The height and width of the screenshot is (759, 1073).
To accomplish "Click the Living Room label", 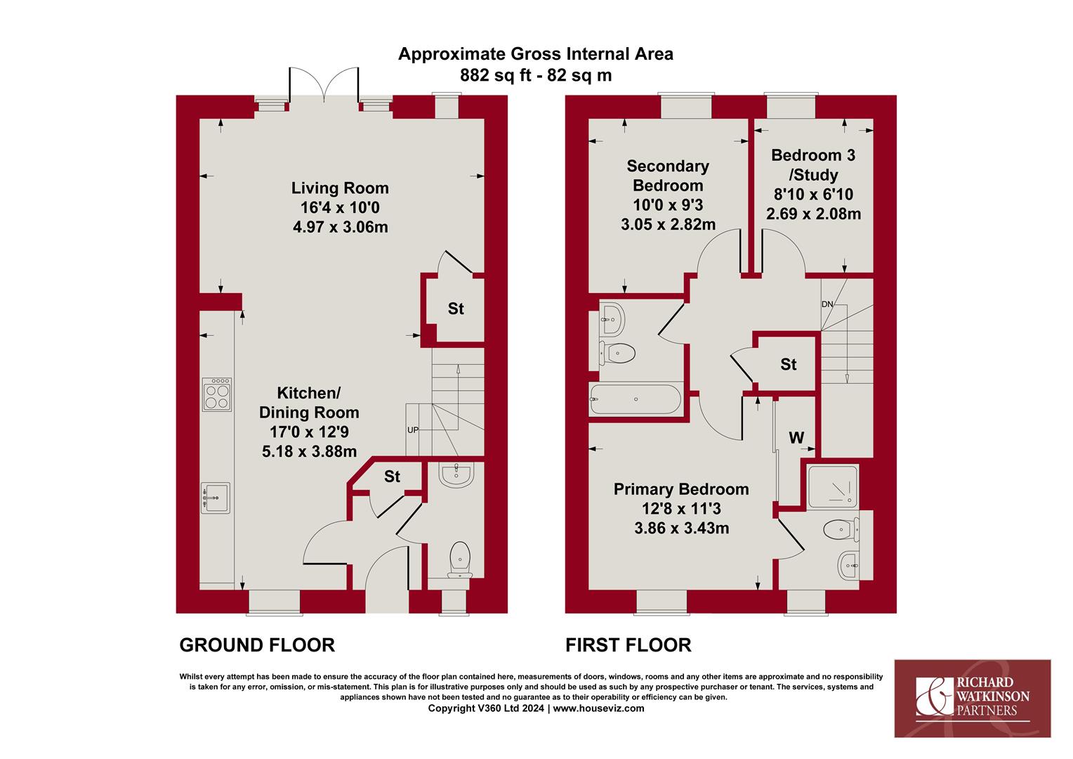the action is (x=340, y=188).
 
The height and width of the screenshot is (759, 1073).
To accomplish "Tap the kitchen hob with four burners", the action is (x=217, y=394).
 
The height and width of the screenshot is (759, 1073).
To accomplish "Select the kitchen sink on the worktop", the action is (x=216, y=498).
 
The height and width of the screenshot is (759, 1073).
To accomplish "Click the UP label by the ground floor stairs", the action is (x=412, y=430).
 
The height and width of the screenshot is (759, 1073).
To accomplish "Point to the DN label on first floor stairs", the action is (x=827, y=304).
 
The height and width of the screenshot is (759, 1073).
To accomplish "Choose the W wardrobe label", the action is (x=796, y=437).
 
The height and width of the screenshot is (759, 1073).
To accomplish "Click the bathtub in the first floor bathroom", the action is (x=636, y=399).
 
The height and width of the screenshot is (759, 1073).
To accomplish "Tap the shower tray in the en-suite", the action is (x=833, y=486).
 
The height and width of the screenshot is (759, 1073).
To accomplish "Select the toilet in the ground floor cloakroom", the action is (x=460, y=559).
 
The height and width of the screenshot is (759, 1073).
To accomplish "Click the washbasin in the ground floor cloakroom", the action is (x=456, y=474).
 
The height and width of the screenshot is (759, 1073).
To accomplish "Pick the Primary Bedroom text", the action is (x=681, y=489).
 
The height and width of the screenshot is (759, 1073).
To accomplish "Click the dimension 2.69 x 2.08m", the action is (x=813, y=214).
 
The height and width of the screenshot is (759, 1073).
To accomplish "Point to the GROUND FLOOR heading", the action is (x=257, y=645).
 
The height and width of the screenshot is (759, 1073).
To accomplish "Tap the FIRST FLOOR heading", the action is (x=628, y=645).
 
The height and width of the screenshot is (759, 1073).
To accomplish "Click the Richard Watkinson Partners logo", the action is (x=973, y=698).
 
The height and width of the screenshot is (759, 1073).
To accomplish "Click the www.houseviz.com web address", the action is (x=598, y=708).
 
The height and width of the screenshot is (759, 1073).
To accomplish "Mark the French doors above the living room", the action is (x=324, y=85).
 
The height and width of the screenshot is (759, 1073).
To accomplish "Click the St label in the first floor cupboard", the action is (x=788, y=365).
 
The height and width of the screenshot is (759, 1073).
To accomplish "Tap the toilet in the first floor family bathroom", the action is (x=617, y=353).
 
